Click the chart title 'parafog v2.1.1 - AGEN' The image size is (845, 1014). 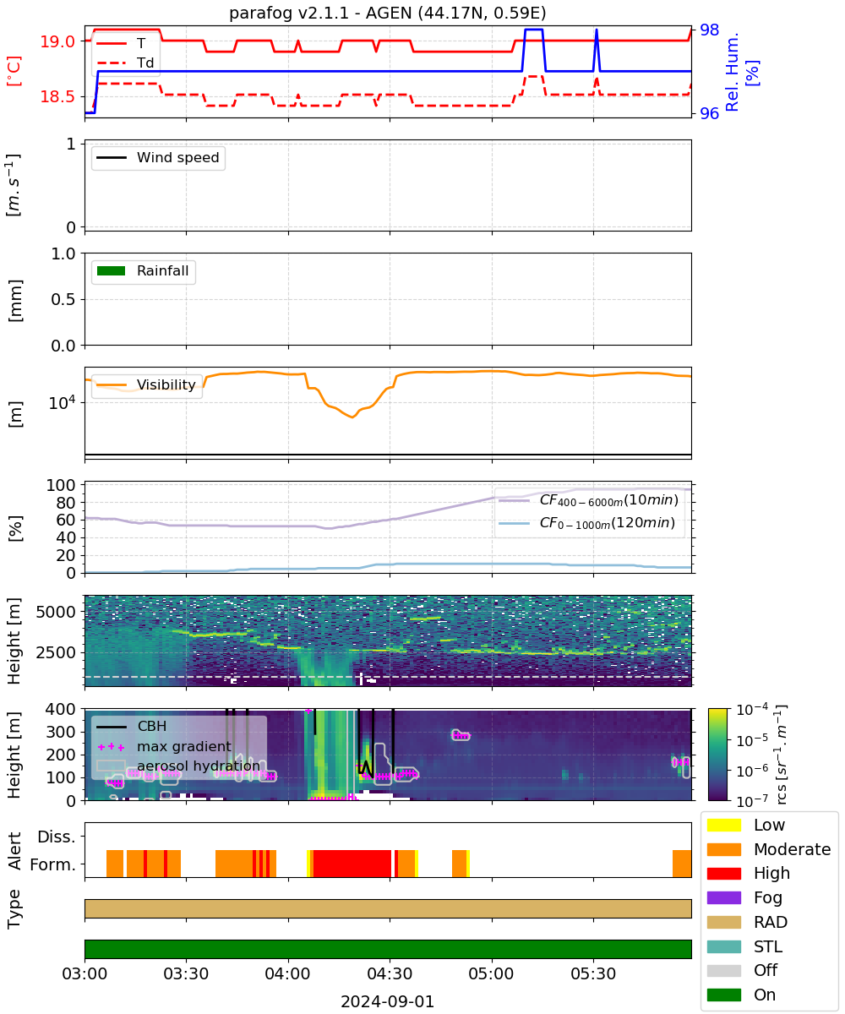tap(319, 13)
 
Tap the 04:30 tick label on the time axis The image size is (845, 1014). tap(390, 973)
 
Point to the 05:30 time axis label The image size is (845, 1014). tap(593, 973)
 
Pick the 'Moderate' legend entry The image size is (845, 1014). tap(768, 849)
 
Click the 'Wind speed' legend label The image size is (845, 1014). tap(177, 157)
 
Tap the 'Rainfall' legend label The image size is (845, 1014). tap(163, 270)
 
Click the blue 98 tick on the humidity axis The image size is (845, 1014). tap(709, 30)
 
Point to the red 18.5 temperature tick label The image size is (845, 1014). tap(57, 96)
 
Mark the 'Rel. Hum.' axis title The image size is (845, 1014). tap(732, 72)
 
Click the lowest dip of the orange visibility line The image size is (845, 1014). tap(352, 417)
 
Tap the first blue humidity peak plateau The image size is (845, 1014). tap(534, 30)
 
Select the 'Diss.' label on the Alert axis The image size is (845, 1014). tap(57, 837)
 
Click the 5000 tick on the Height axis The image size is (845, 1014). tap(56, 612)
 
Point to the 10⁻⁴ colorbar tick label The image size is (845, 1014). tap(752, 710)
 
